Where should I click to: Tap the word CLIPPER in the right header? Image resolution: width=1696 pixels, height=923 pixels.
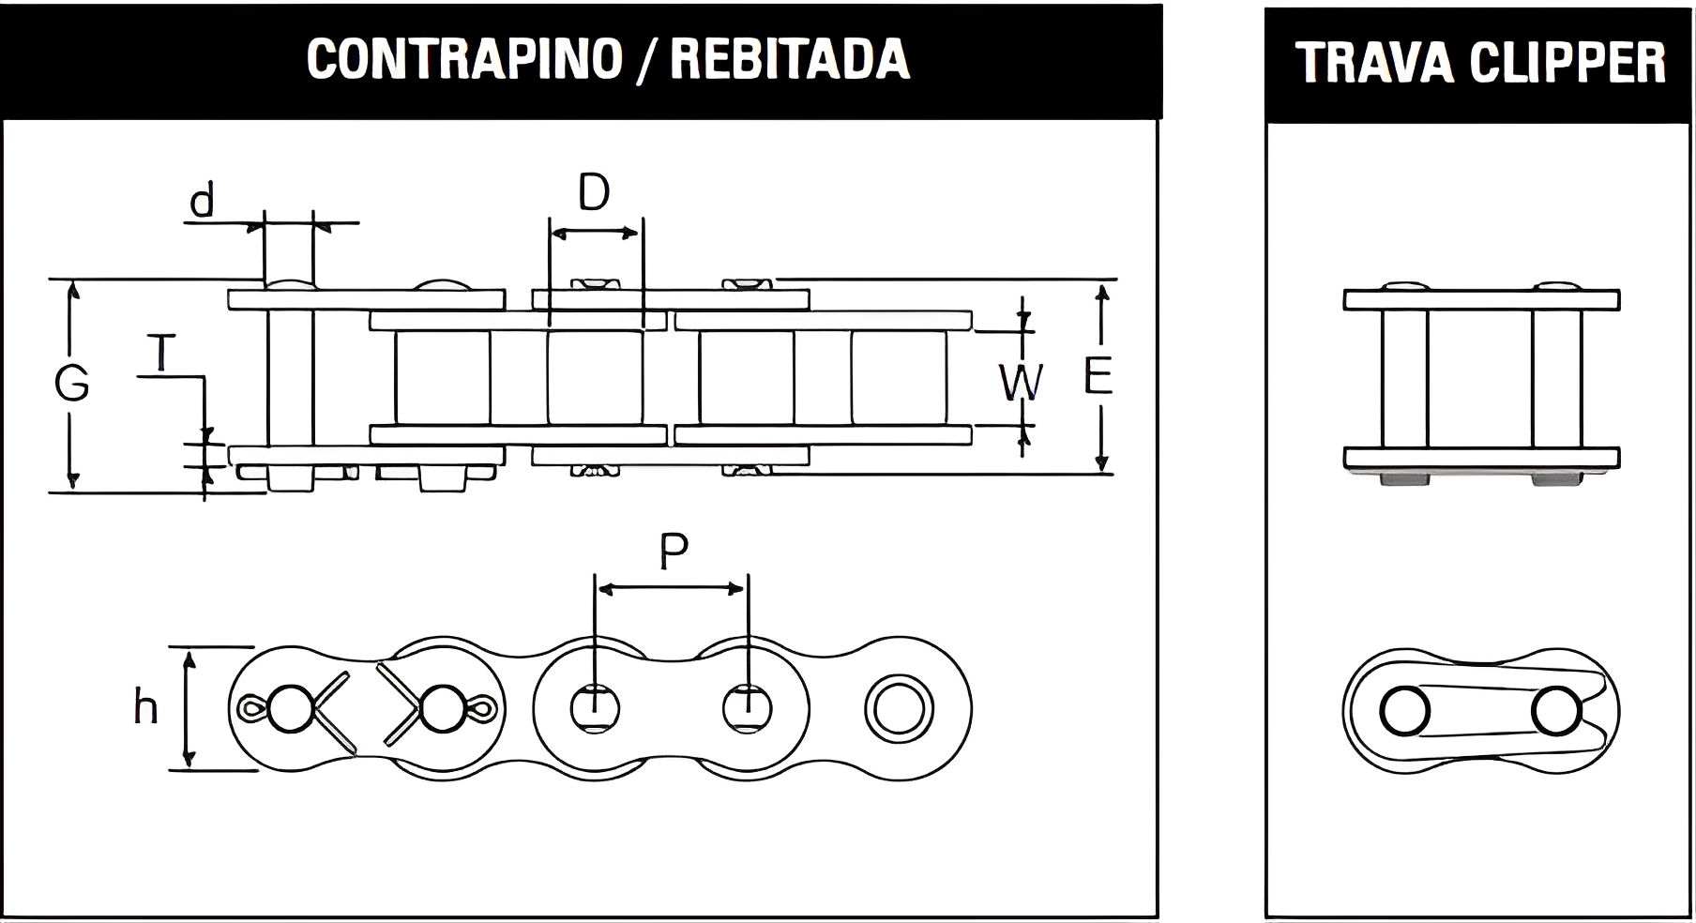pyautogui.click(x=1567, y=63)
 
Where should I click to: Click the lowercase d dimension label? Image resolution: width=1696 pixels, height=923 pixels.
pyautogui.click(x=202, y=201)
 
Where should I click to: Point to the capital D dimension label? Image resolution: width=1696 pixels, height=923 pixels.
pyautogui.click(x=593, y=193)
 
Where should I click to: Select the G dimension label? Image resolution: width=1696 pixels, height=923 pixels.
pyautogui.click(x=71, y=384)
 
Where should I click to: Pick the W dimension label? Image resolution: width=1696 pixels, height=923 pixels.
pyautogui.click(x=1019, y=383)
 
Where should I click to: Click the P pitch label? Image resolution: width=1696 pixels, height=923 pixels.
pyautogui.click(x=674, y=552)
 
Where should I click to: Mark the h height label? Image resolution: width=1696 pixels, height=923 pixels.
pyautogui.click(x=145, y=707)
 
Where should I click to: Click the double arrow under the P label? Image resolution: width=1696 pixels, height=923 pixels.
pyautogui.click(x=671, y=589)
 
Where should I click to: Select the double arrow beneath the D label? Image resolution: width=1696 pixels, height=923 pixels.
pyautogui.click(x=595, y=233)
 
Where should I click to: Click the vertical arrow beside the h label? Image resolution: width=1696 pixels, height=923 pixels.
pyautogui.click(x=189, y=709)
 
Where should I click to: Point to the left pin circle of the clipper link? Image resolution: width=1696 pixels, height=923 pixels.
pyautogui.click(x=1404, y=711)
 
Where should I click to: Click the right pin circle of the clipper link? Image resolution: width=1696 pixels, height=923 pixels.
pyautogui.click(x=1556, y=711)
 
